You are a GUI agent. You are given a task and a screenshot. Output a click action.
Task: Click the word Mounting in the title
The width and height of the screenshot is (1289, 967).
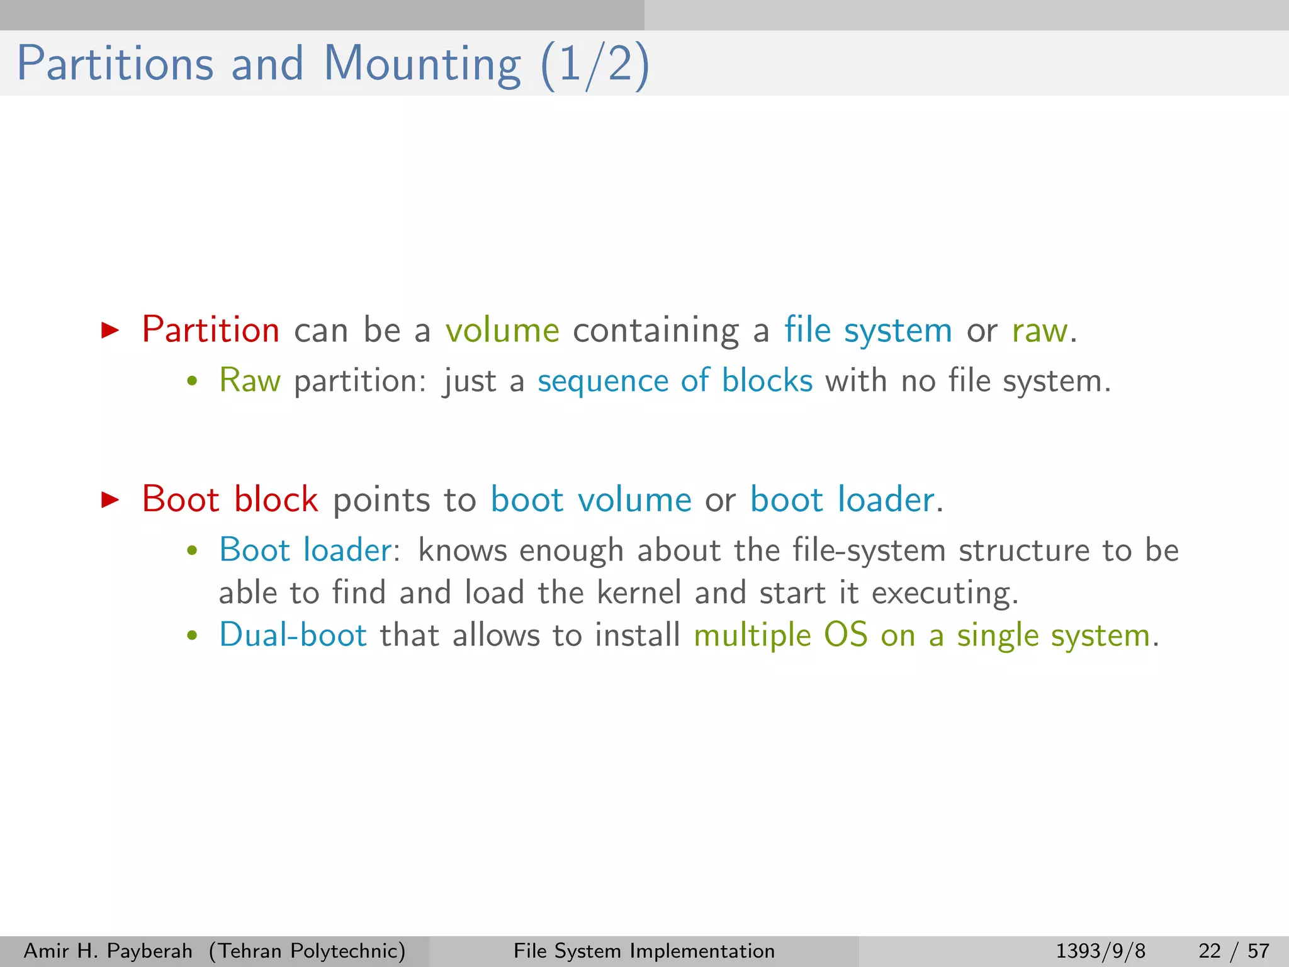[x=422, y=65]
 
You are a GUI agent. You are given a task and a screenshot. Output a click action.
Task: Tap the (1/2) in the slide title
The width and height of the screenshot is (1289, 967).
[x=595, y=65]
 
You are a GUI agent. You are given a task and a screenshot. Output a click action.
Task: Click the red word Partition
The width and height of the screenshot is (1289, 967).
[x=210, y=330]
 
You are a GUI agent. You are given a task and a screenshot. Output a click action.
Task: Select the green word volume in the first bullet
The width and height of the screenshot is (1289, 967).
[x=502, y=330]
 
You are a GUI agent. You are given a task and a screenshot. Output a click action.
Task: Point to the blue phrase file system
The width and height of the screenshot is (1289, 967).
[x=868, y=330]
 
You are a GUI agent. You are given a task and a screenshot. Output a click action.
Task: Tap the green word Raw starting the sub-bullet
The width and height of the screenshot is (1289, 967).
[x=249, y=381]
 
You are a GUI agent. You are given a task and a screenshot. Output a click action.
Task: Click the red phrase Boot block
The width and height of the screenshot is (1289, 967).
[x=230, y=500]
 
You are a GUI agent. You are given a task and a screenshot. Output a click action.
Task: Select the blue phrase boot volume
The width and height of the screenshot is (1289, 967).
[x=591, y=500]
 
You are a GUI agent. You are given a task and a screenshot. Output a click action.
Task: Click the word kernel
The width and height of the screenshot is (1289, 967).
[x=639, y=592]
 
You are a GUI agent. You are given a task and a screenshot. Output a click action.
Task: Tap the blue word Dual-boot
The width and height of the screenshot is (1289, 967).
[x=293, y=635]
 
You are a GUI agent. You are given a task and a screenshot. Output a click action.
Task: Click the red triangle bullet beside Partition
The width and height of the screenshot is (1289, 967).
[x=110, y=330]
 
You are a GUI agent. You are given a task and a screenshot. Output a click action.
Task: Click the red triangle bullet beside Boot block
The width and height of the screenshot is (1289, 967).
[x=110, y=500]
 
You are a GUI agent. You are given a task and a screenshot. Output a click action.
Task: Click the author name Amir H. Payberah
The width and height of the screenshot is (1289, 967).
[x=108, y=951]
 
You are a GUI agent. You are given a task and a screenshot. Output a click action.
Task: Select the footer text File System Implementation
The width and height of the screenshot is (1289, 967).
[x=644, y=951]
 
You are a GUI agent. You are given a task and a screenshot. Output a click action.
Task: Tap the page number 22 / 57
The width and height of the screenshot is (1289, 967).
[x=1234, y=951]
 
